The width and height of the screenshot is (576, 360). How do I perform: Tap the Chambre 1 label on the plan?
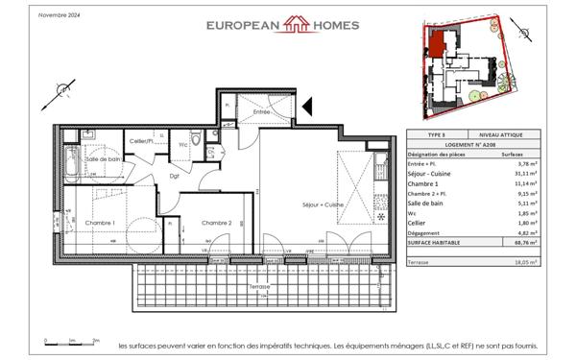tap(100, 223)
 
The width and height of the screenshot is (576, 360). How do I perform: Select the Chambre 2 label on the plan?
tap(216, 223)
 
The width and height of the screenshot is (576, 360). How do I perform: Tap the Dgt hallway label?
tap(175, 175)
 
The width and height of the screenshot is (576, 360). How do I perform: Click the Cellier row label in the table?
tap(420, 224)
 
